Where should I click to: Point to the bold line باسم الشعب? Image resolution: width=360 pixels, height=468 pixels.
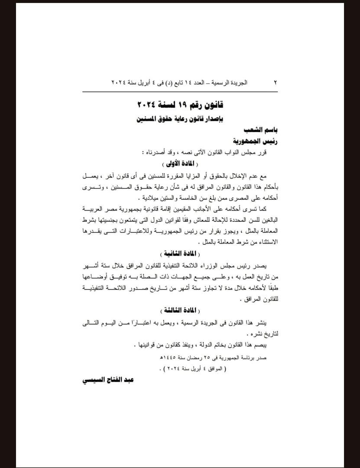pos(264,130)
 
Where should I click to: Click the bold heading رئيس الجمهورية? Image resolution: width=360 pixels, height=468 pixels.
pos(255,141)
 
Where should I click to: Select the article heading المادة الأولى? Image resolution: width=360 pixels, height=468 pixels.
pos(180,164)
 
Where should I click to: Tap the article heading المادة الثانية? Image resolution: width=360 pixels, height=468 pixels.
pos(180,253)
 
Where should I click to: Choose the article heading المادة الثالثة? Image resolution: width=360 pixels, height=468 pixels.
pos(180,310)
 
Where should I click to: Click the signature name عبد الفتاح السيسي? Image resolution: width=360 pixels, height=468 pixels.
pos(107,380)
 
